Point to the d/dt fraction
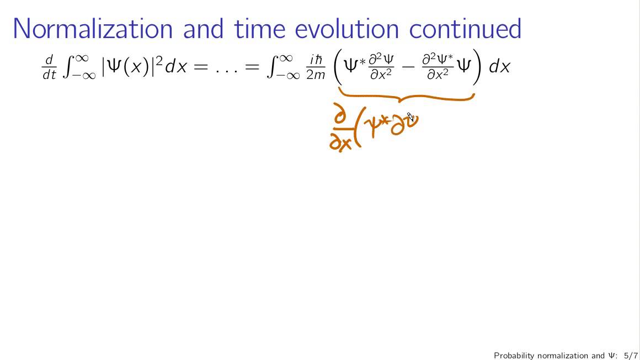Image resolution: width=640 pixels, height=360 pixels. [49, 67]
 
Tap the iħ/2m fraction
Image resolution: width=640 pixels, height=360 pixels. [316, 67]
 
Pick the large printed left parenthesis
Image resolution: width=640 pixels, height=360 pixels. [338, 67]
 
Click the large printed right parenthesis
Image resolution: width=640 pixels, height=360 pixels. [478, 67]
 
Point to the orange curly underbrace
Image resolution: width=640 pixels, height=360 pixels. [406, 97]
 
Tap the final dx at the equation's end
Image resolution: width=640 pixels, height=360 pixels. [499, 67]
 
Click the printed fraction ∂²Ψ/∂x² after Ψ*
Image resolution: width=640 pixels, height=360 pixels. [381, 67]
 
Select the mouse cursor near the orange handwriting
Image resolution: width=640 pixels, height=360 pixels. [410, 117]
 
